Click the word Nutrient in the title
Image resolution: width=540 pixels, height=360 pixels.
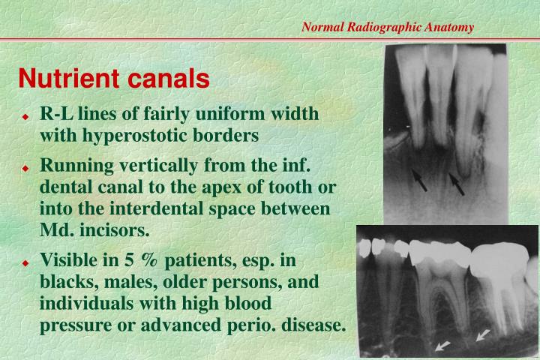point(64,77)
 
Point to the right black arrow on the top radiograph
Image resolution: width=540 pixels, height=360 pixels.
point(457,183)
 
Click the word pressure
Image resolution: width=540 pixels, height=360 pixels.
point(71,325)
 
